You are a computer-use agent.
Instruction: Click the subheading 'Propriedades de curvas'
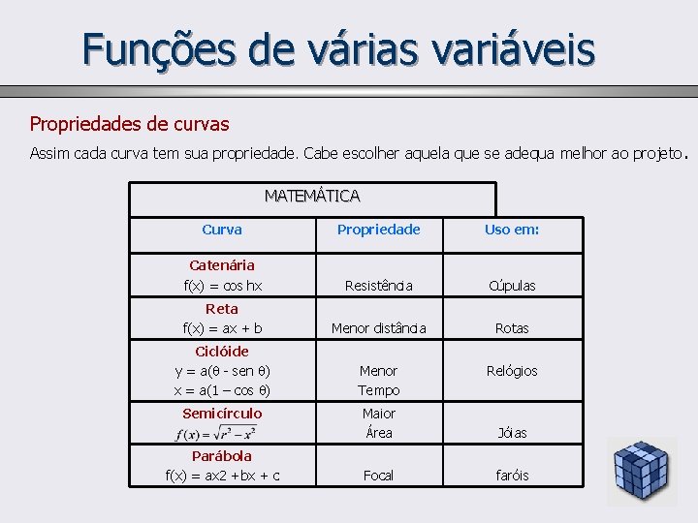129,124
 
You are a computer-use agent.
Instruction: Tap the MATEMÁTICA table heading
312,196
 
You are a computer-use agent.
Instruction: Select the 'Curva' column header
222,230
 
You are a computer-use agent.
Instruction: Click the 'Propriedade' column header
378,230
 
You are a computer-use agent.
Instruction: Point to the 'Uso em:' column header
512,230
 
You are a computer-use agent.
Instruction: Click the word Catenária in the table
222,264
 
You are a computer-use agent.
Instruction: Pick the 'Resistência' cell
378,286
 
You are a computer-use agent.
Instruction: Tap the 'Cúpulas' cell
512,286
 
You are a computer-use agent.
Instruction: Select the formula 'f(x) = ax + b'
222,328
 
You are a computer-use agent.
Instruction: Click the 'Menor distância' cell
378,328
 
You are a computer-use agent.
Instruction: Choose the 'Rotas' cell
512,328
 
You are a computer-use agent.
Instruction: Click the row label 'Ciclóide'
222,352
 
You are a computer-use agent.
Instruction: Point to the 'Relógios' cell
512,371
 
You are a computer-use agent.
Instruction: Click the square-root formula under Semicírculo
223,432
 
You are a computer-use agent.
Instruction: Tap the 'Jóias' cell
512,433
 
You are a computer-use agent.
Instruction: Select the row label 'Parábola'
222,455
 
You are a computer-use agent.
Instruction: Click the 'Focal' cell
378,476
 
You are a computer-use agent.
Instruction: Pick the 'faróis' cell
512,476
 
